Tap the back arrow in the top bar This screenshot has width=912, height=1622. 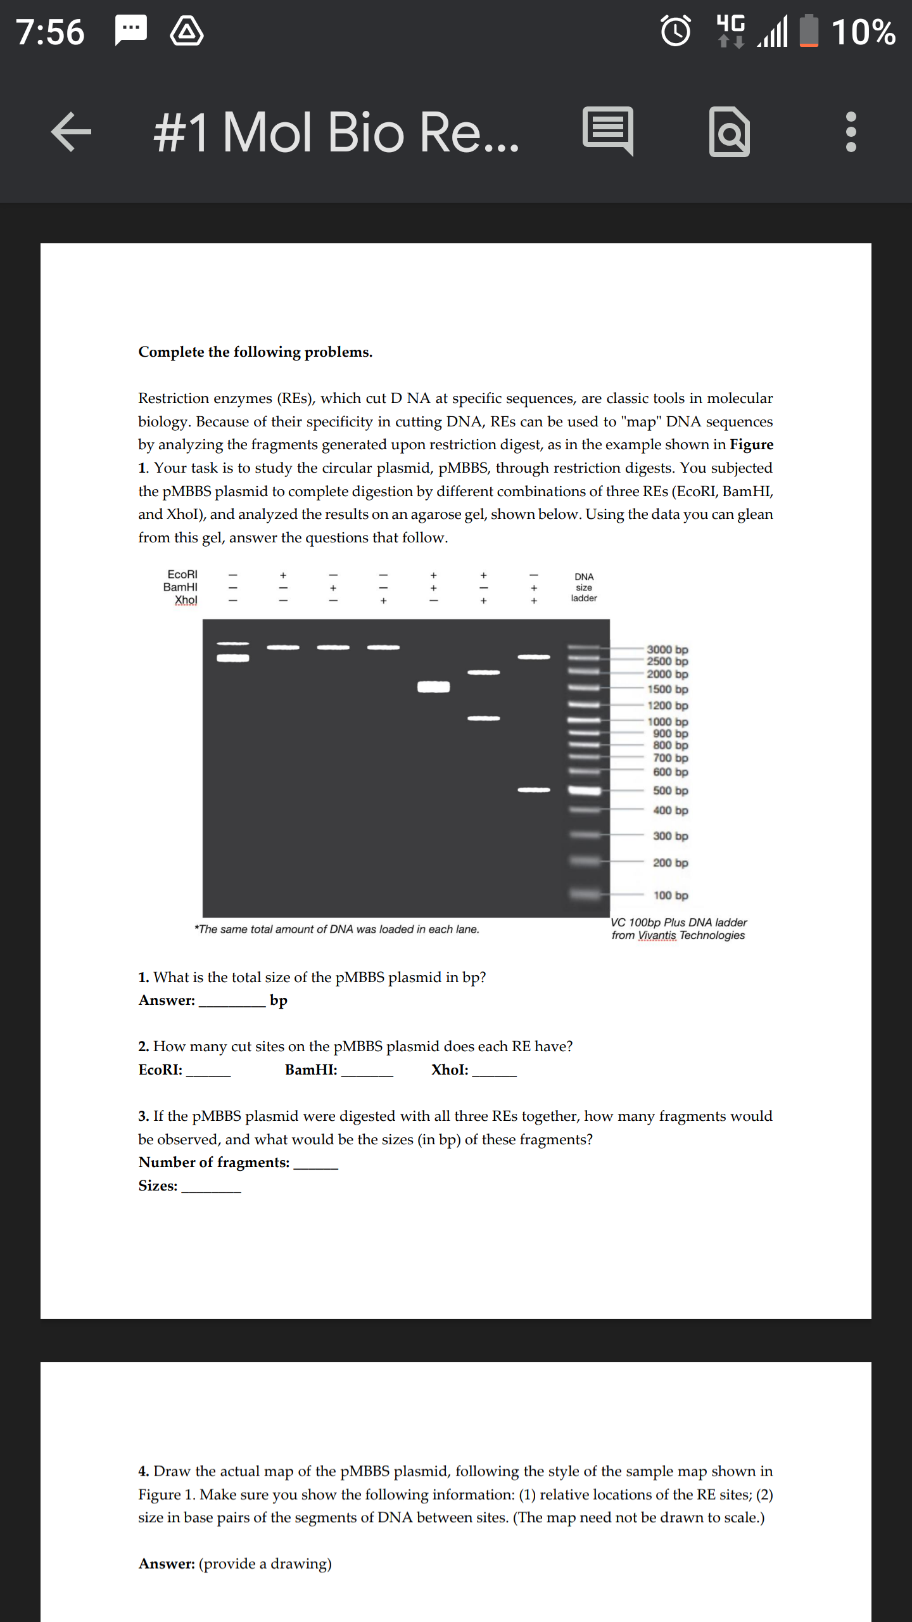click(x=72, y=132)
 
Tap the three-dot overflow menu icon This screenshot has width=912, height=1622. click(x=851, y=132)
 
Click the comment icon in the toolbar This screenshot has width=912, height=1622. click(x=608, y=131)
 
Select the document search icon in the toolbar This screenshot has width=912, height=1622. click(x=730, y=132)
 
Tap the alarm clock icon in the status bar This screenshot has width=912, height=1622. click(x=676, y=31)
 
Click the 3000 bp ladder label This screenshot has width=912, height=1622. click(x=667, y=649)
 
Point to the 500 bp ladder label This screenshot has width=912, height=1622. click(x=670, y=791)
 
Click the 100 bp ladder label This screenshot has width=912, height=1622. click(x=670, y=895)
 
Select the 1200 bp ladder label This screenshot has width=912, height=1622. click(x=667, y=705)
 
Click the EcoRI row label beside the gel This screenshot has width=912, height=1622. click(x=182, y=574)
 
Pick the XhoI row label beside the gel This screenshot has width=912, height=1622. click(x=186, y=600)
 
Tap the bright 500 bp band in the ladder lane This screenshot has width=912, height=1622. click(x=584, y=790)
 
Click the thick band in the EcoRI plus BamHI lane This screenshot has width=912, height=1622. click(x=434, y=687)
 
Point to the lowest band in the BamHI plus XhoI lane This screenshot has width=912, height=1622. click(x=534, y=790)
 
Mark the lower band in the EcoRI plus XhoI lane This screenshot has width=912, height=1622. click(x=484, y=718)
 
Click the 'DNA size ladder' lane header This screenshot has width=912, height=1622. click(x=584, y=587)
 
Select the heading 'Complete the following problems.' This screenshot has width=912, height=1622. click(x=255, y=352)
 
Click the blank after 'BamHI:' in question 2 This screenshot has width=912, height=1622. click(x=367, y=1071)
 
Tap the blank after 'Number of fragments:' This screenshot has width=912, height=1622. click(x=315, y=1163)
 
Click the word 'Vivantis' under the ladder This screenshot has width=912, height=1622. click(x=657, y=935)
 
